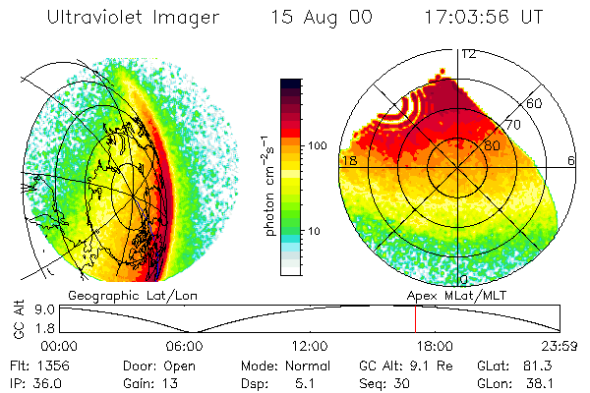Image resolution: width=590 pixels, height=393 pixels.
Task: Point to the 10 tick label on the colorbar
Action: [x=316, y=231]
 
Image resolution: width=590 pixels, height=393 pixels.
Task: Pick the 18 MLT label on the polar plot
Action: [x=348, y=160]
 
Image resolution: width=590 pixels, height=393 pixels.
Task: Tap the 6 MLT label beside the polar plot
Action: [x=571, y=160]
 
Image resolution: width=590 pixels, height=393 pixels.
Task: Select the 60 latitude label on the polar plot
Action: [x=535, y=103]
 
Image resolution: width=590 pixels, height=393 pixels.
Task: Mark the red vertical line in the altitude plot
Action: [x=414, y=318]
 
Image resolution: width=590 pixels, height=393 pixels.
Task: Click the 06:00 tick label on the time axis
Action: [x=185, y=346]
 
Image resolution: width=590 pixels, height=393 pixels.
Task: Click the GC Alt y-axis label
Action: [x=17, y=319]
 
